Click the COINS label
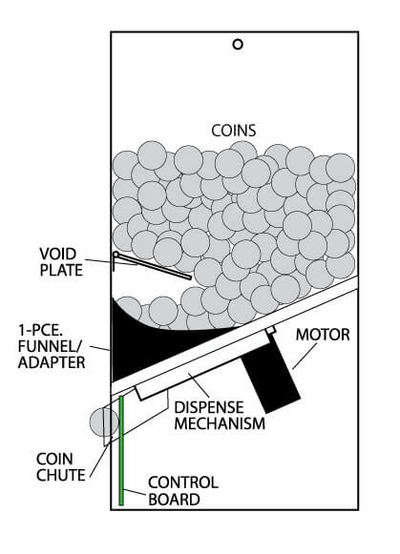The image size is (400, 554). point(234,131)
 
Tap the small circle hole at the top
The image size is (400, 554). point(238,44)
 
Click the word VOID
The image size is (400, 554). point(57,254)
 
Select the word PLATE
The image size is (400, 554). point(61,270)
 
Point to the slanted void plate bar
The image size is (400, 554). point(153,266)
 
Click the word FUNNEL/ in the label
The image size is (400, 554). point(50,346)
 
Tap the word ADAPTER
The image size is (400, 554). point(52,362)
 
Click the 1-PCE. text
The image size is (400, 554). point(40,330)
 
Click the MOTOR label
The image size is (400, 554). point(323,335)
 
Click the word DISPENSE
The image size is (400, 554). point(209,407)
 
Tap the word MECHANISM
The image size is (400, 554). point(220,423)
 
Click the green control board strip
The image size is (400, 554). point(121,450)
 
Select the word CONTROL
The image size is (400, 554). point(183,482)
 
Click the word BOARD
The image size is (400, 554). point(174,500)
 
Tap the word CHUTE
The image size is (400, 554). point(61,475)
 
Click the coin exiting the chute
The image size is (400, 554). point(104,421)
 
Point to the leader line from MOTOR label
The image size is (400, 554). point(305,357)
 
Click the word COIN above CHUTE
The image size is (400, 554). point(54,459)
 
